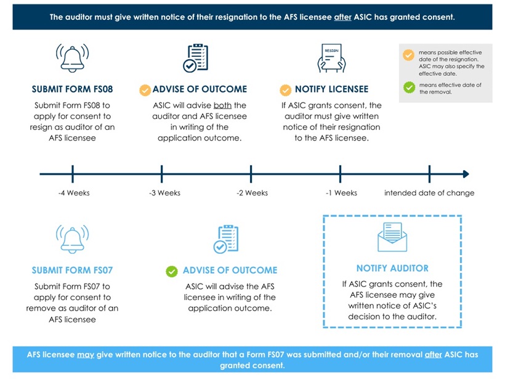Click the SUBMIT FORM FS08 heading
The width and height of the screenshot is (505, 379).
click(72, 89)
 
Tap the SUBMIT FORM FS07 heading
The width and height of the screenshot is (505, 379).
click(72, 270)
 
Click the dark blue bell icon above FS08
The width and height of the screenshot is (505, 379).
click(72, 59)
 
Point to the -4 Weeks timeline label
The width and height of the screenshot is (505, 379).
click(74, 193)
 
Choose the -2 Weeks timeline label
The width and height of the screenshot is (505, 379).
click(252, 193)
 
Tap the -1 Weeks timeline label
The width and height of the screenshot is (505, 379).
click(341, 193)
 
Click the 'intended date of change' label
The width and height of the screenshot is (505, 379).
click(429, 193)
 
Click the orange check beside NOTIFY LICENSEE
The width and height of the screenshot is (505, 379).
click(286, 90)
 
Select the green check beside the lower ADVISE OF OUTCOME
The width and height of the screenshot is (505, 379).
click(172, 271)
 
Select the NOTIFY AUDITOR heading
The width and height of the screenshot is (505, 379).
click(392, 268)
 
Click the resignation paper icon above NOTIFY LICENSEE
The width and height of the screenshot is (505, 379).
click(331, 58)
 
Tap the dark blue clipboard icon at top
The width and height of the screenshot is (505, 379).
click(198, 58)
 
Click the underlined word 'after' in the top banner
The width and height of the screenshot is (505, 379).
click(342, 17)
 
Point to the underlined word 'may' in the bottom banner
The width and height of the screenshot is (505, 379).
click(85, 354)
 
